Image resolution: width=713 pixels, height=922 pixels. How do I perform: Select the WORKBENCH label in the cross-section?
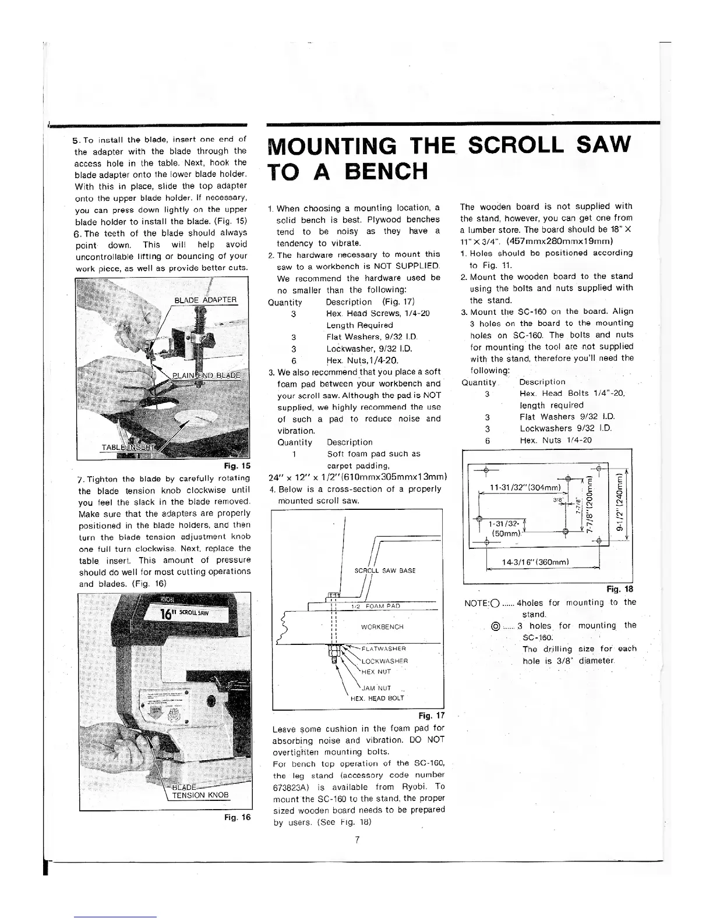coord(382,627)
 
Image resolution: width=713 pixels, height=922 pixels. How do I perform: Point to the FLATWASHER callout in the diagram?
coord(383,648)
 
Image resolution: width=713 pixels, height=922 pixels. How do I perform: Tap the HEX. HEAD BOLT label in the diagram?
coord(377,698)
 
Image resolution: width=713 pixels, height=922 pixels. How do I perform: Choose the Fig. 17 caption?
coord(431,716)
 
